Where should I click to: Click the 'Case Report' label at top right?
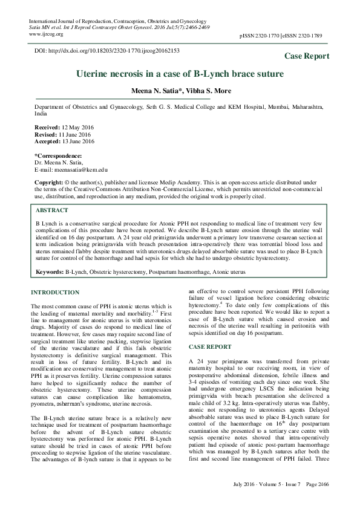[307, 56]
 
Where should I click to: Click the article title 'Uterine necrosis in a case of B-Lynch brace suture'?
[179, 74]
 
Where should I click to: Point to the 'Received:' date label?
[46, 128]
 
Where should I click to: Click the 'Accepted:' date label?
[47, 142]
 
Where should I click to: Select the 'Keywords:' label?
[49, 273]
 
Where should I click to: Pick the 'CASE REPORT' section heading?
[210, 347]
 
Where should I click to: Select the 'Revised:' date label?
[44, 135]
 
